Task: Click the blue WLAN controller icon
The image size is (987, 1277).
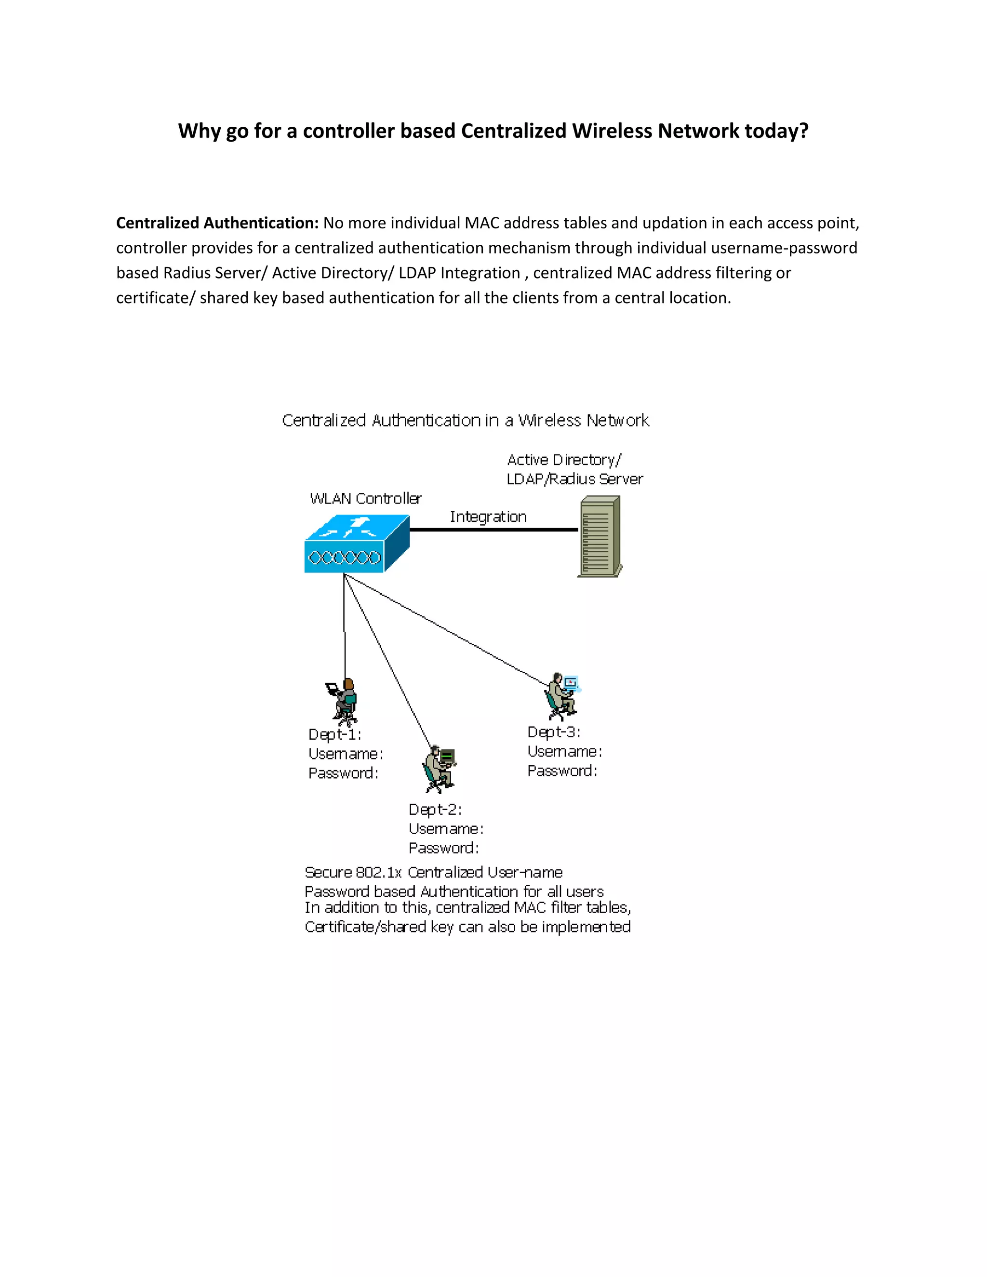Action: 356,544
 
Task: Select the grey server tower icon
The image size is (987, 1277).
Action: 600,536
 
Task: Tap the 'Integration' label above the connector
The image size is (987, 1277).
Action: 488,517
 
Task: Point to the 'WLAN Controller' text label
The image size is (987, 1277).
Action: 365,499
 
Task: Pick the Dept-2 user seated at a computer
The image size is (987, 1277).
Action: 439,769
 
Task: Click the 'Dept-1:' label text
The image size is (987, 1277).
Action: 334,734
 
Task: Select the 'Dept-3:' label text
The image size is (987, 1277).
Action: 553,732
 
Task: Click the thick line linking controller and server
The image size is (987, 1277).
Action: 493,530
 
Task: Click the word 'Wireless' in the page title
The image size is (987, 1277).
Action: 612,131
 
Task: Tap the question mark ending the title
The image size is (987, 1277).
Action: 804,131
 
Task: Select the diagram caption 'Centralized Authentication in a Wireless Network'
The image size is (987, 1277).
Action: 466,420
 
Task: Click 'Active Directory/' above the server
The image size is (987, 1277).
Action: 564,460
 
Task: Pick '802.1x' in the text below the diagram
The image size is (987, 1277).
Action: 378,872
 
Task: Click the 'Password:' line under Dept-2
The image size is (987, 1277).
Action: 443,849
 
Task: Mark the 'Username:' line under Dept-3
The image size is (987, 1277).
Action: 564,751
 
